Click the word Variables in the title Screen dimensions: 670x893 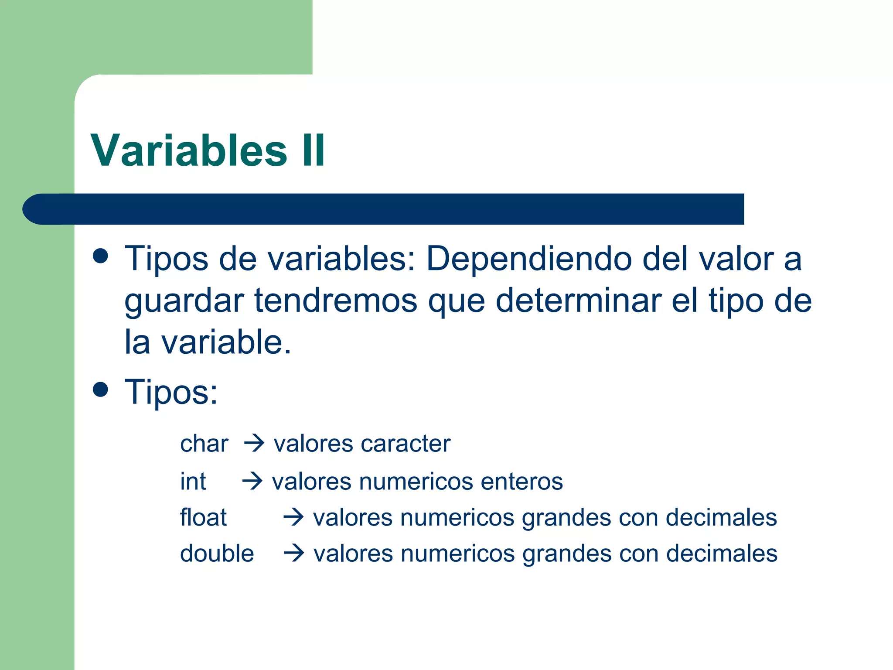point(189,150)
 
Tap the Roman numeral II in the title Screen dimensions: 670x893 point(313,150)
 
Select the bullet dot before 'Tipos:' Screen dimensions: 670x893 point(101,390)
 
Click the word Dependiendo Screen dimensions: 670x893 point(529,259)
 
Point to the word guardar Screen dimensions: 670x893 point(184,301)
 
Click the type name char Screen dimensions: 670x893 point(204,444)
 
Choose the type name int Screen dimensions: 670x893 point(193,481)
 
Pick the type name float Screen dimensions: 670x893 point(204,517)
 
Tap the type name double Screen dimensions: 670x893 point(217,554)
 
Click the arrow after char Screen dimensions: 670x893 point(254,444)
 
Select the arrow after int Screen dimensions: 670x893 point(252,481)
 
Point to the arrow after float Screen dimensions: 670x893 point(293,517)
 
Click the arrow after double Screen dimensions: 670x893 point(294,554)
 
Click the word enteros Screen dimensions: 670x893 point(521,481)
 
